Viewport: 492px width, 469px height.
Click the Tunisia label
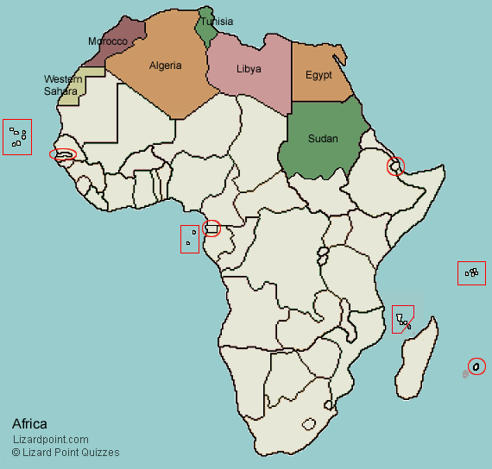tap(217, 22)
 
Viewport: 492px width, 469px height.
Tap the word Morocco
tap(108, 41)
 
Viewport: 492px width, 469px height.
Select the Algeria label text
tap(165, 66)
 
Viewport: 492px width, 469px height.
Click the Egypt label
tap(319, 75)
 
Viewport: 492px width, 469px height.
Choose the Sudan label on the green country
tap(323, 139)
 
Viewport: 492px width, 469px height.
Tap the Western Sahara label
tap(63, 84)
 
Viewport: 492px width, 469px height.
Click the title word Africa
tap(29, 423)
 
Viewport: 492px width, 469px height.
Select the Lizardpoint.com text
tap(50, 440)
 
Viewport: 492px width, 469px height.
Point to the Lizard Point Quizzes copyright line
tap(66, 453)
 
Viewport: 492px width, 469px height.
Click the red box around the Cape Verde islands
tap(17, 136)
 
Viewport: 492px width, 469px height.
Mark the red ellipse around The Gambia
tap(62, 155)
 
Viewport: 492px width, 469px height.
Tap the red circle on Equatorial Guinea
tap(211, 228)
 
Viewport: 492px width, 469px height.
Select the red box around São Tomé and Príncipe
tap(190, 239)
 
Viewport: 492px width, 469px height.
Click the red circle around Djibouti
tap(395, 166)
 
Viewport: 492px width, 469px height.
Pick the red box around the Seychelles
tap(471, 273)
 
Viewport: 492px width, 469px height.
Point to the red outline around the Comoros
tap(401, 320)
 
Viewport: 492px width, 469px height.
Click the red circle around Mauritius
tap(476, 366)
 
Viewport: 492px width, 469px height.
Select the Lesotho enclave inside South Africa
tap(310, 423)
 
